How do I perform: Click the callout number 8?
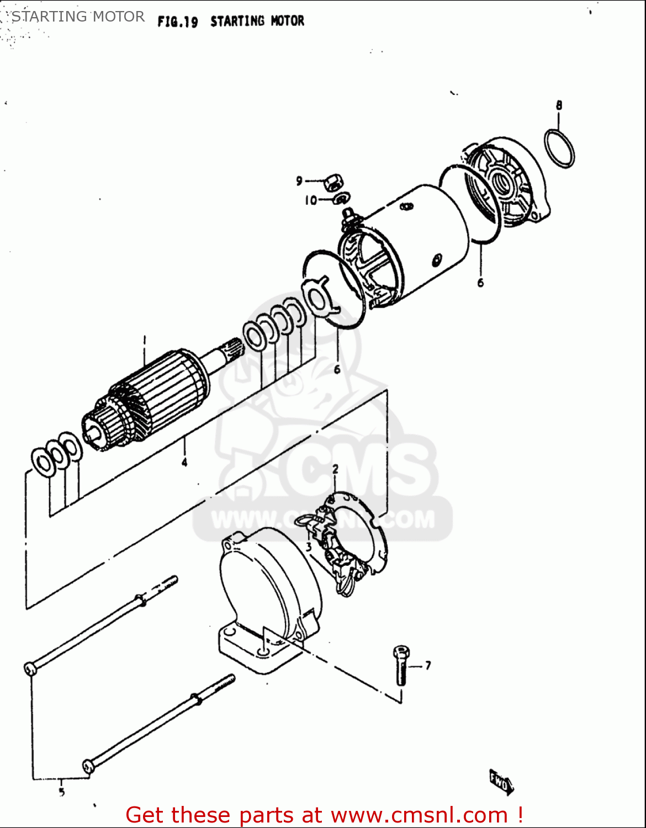[559, 105]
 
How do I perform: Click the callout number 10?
[311, 200]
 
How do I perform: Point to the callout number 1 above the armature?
[144, 339]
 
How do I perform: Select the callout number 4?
[184, 462]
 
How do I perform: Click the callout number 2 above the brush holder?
[335, 470]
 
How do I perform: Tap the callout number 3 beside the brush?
[309, 546]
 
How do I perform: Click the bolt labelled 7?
[401, 665]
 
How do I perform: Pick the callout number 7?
[428, 666]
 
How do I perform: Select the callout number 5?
[61, 792]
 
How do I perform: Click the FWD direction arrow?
[500, 782]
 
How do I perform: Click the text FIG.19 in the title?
[177, 22]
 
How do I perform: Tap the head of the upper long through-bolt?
[30, 668]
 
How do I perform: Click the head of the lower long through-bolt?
[88, 766]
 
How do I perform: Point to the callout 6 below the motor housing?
[480, 283]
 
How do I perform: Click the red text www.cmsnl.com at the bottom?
[419, 815]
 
